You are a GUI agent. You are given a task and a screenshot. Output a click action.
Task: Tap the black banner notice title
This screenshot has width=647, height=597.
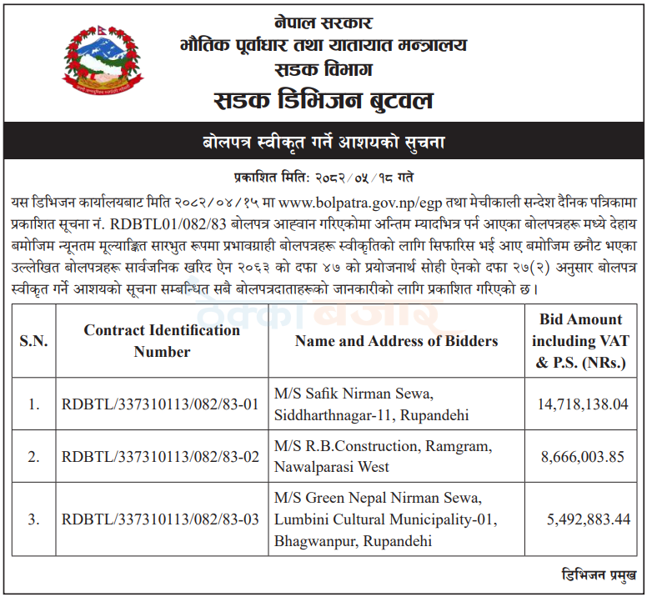tap(323, 142)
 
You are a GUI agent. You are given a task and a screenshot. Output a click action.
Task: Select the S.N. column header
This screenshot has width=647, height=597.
tap(34, 341)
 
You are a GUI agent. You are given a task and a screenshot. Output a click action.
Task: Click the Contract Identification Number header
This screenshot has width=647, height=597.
tap(162, 341)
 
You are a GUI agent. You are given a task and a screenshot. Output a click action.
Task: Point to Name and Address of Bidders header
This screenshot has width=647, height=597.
tap(396, 341)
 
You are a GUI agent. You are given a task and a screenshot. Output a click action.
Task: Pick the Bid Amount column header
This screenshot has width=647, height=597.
tap(580, 341)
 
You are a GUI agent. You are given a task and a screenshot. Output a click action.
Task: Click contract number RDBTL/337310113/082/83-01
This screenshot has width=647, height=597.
tap(161, 404)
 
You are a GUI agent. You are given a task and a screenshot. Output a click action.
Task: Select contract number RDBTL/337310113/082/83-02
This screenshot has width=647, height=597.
tap(161, 457)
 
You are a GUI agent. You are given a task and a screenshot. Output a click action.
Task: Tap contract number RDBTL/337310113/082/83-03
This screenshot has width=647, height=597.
tap(161, 519)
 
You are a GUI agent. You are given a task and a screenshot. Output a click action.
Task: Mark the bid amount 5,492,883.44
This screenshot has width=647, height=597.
tap(588, 519)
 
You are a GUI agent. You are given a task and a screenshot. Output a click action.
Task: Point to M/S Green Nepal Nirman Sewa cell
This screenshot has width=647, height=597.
tap(385, 519)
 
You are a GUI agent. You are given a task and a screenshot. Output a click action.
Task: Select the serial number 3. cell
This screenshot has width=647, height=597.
tap(34, 519)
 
